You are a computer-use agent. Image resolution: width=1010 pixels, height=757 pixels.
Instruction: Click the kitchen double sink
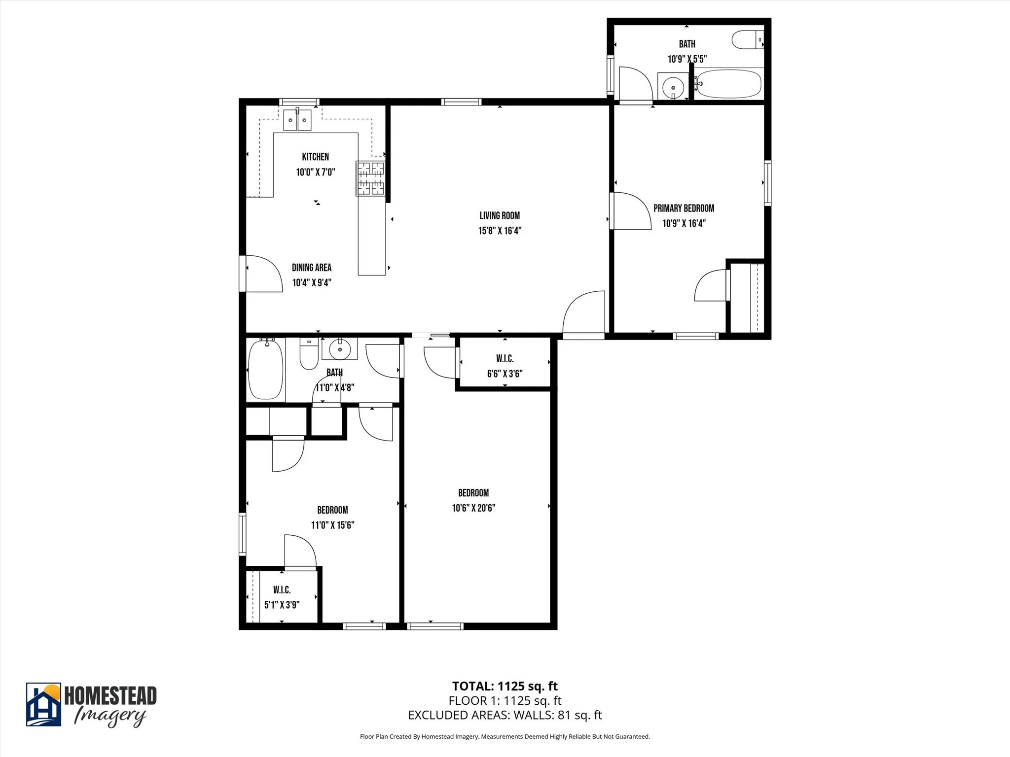point(297,120)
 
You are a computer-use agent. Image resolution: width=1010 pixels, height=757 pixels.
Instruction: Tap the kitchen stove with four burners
point(370,178)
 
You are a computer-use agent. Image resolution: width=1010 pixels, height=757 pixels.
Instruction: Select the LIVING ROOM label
point(500,215)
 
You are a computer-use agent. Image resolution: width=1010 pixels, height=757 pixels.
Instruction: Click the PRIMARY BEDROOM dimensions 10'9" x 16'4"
point(684,223)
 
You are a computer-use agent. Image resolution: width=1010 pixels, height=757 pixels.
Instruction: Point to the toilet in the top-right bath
point(747,40)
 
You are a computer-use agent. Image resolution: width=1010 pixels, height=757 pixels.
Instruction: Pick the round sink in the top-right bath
point(673,88)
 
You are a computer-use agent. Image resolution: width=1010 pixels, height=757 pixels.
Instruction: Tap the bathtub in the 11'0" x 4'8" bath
point(266,369)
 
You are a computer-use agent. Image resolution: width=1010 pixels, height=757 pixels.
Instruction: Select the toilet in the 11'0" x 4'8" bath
point(309,354)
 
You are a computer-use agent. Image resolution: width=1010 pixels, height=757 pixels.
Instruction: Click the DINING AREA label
point(311,268)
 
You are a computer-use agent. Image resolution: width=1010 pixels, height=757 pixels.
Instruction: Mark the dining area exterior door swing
point(262,274)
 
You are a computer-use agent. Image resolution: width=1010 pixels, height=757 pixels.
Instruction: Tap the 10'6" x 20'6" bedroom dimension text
point(473,508)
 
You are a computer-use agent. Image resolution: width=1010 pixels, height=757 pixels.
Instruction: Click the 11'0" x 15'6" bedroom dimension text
point(332,525)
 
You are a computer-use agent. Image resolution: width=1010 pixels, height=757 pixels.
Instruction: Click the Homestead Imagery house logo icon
point(43,704)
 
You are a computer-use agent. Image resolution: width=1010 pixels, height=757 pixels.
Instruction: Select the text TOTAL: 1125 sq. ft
point(505,686)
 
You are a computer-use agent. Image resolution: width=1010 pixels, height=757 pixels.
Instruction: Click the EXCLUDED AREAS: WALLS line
point(505,715)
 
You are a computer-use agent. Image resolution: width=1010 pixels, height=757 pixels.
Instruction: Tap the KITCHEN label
point(315,157)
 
